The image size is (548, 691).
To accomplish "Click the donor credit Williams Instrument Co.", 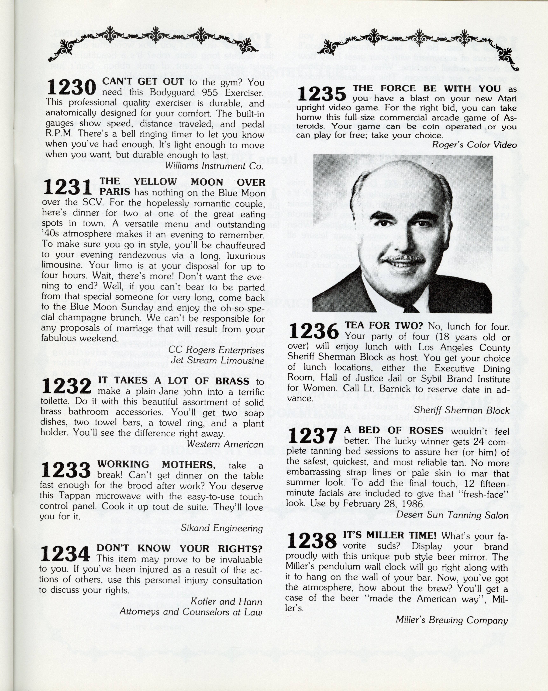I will click(x=214, y=166).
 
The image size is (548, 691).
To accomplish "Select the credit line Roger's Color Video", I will click(x=474, y=145).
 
